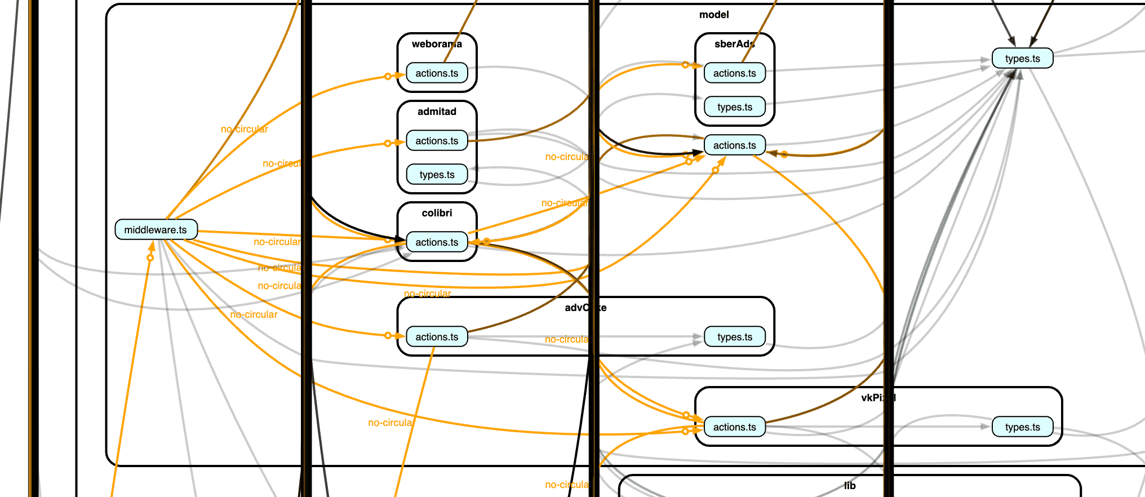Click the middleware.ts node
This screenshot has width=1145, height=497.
(x=156, y=230)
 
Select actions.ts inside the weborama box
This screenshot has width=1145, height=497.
(x=437, y=73)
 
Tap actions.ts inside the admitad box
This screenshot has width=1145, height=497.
(x=437, y=141)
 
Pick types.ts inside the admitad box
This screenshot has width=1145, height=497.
(x=437, y=175)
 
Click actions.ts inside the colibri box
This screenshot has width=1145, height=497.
(x=437, y=242)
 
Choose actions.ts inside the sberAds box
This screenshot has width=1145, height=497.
(x=734, y=73)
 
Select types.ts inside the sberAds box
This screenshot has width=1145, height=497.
(x=734, y=107)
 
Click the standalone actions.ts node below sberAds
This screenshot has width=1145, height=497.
(x=734, y=145)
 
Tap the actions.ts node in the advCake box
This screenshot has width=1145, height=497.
(x=437, y=337)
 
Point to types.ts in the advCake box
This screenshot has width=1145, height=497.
(x=734, y=337)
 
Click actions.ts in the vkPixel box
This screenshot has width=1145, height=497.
(x=734, y=427)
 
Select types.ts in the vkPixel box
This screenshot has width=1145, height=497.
(x=1022, y=427)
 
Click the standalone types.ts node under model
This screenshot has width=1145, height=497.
(x=1022, y=59)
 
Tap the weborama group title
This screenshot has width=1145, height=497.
(x=437, y=44)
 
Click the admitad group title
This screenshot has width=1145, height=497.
(x=437, y=112)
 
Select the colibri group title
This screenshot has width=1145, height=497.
(x=437, y=213)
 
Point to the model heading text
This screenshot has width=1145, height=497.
(x=714, y=15)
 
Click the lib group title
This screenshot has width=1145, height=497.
(x=850, y=486)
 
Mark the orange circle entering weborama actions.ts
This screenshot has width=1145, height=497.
(x=388, y=76)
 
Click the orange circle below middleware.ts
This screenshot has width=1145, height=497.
(x=150, y=258)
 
